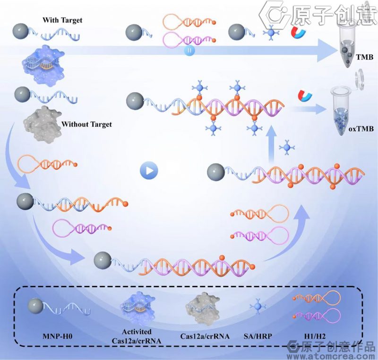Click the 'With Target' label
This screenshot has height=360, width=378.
click(62, 20)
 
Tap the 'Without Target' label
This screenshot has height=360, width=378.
click(86, 124)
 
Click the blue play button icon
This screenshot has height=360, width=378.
click(149, 170)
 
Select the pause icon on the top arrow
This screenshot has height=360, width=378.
click(189, 51)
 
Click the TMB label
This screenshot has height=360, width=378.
click(365, 57)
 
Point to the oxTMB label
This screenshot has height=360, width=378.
click(361, 129)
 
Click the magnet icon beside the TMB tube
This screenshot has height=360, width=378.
click(298, 33)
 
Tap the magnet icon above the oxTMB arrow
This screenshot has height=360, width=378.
click(305, 96)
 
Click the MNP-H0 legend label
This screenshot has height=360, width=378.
click(57, 336)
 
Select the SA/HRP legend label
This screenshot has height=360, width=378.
click(258, 336)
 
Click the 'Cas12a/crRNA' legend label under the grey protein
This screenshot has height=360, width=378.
click(205, 336)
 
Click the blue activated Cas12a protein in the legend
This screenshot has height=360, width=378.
click(137, 307)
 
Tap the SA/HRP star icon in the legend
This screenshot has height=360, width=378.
click(258, 307)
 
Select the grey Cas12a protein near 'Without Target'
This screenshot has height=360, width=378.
click(42, 124)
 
